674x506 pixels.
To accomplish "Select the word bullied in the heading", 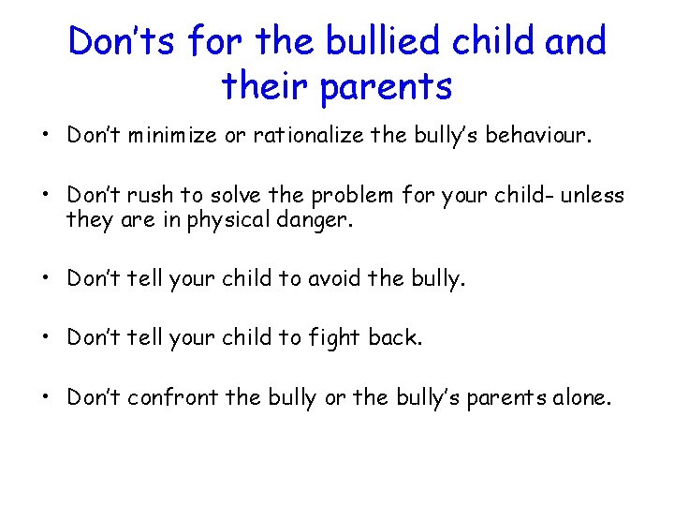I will (370, 41).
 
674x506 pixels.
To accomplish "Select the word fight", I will (336, 337).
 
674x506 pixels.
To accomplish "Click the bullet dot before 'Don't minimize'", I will (45, 136).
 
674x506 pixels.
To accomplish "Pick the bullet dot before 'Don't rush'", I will (45, 196).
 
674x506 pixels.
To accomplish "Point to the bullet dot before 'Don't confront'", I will (45, 398).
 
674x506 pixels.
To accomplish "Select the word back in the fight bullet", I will (396, 337).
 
